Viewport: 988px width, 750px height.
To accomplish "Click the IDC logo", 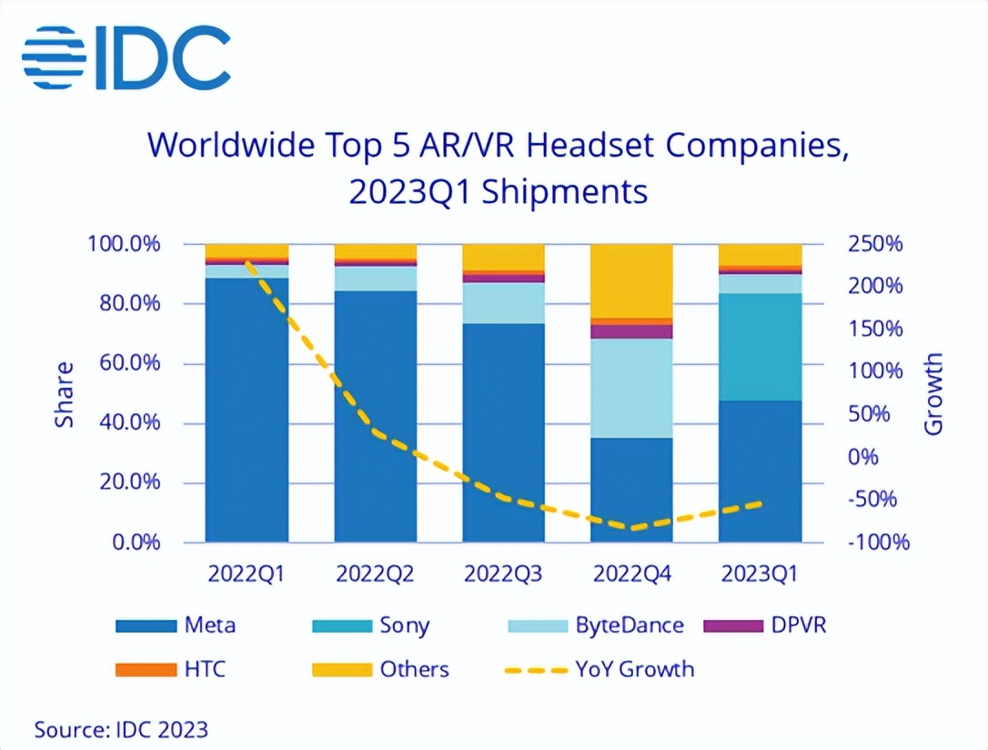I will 126,56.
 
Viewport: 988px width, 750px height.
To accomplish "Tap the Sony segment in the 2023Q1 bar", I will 761,347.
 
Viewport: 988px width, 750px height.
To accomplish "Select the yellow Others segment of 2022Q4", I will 631,280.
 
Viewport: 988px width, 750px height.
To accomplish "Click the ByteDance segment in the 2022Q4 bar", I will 631,388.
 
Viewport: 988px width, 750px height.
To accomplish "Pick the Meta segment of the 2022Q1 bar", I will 247,410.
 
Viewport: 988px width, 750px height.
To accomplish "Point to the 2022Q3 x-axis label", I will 503,574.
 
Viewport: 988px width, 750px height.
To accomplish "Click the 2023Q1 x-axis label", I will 761,574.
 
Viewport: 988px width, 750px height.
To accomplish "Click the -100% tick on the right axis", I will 879,542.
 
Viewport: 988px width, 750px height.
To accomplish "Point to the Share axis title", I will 65,393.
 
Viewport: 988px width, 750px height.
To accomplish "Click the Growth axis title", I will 933,393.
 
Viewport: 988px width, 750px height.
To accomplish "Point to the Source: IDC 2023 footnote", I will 121,729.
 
